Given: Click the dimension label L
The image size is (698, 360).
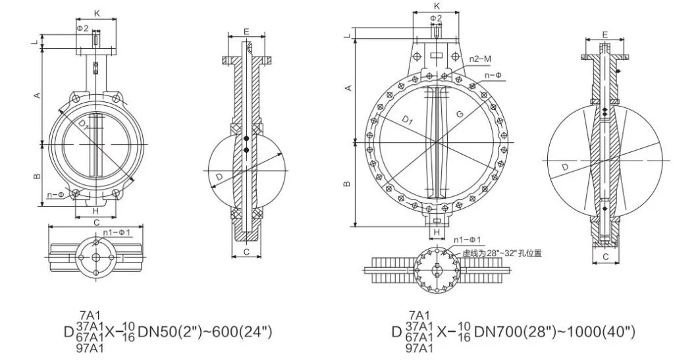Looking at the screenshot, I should pyautogui.click(x=34, y=44).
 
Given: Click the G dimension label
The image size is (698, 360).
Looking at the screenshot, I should pyautogui.click(x=458, y=114).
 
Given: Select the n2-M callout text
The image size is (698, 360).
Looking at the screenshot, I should pyautogui.click(x=481, y=59).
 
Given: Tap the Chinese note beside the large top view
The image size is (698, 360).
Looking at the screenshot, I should pyautogui.click(x=502, y=252).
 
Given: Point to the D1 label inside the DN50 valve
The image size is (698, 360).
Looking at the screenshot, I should pyautogui.click(x=80, y=123).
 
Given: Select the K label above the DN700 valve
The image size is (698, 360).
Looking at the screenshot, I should pyautogui.click(x=436, y=6).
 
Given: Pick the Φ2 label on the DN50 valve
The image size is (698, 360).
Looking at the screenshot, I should pyautogui.click(x=82, y=28).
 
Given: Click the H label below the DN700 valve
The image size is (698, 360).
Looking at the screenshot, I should pyautogui.click(x=436, y=232).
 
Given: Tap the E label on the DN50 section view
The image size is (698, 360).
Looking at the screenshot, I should pyautogui.click(x=246, y=32).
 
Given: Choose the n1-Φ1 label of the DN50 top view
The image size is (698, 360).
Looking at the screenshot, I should pyautogui.click(x=119, y=232).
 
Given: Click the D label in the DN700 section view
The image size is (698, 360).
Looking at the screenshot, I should pyautogui.click(x=564, y=168).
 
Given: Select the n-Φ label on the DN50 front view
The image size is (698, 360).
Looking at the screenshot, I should pyautogui.click(x=55, y=195).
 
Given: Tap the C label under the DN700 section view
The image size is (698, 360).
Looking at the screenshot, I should pyautogui.click(x=604, y=258).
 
